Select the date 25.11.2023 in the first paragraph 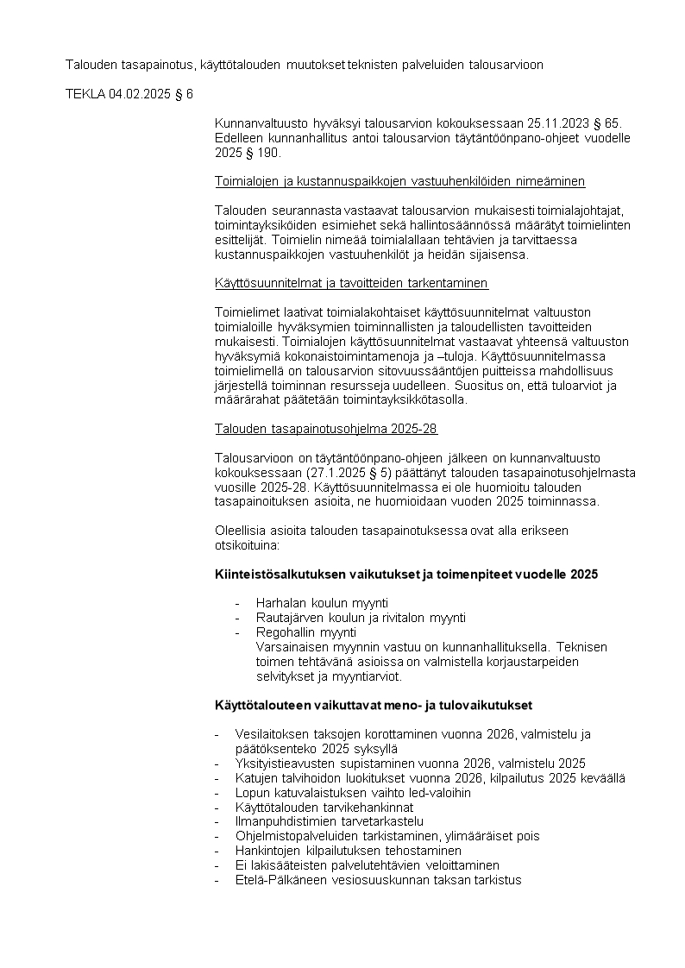(x=537, y=124)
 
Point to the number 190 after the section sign (x=269, y=153)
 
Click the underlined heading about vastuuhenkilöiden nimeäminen (x=399, y=181)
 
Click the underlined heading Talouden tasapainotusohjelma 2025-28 (x=325, y=428)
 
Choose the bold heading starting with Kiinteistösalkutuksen (x=405, y=575)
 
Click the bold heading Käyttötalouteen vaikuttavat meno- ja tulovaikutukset (x=373, y=705)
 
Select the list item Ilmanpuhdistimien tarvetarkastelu (x=329, y=822)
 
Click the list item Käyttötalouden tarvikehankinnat (x=317, y=808)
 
